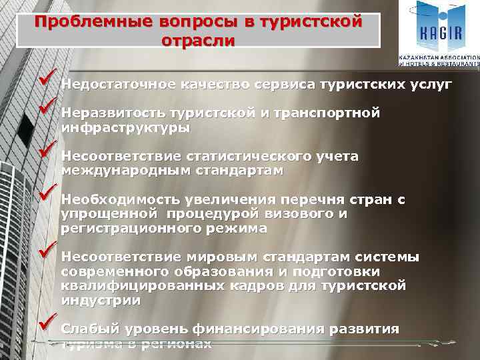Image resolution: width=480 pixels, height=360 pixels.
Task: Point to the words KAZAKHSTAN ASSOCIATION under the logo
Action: (439, 58)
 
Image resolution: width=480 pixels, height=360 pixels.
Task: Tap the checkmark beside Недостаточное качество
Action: (49, 81)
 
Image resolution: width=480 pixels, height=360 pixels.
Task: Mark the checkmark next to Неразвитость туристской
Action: (49, 107)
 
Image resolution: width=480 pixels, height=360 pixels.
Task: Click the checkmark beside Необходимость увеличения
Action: (49, 195)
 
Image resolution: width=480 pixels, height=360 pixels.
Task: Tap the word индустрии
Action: (101, 300)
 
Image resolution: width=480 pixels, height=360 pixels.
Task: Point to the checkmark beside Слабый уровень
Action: (49, 325)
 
